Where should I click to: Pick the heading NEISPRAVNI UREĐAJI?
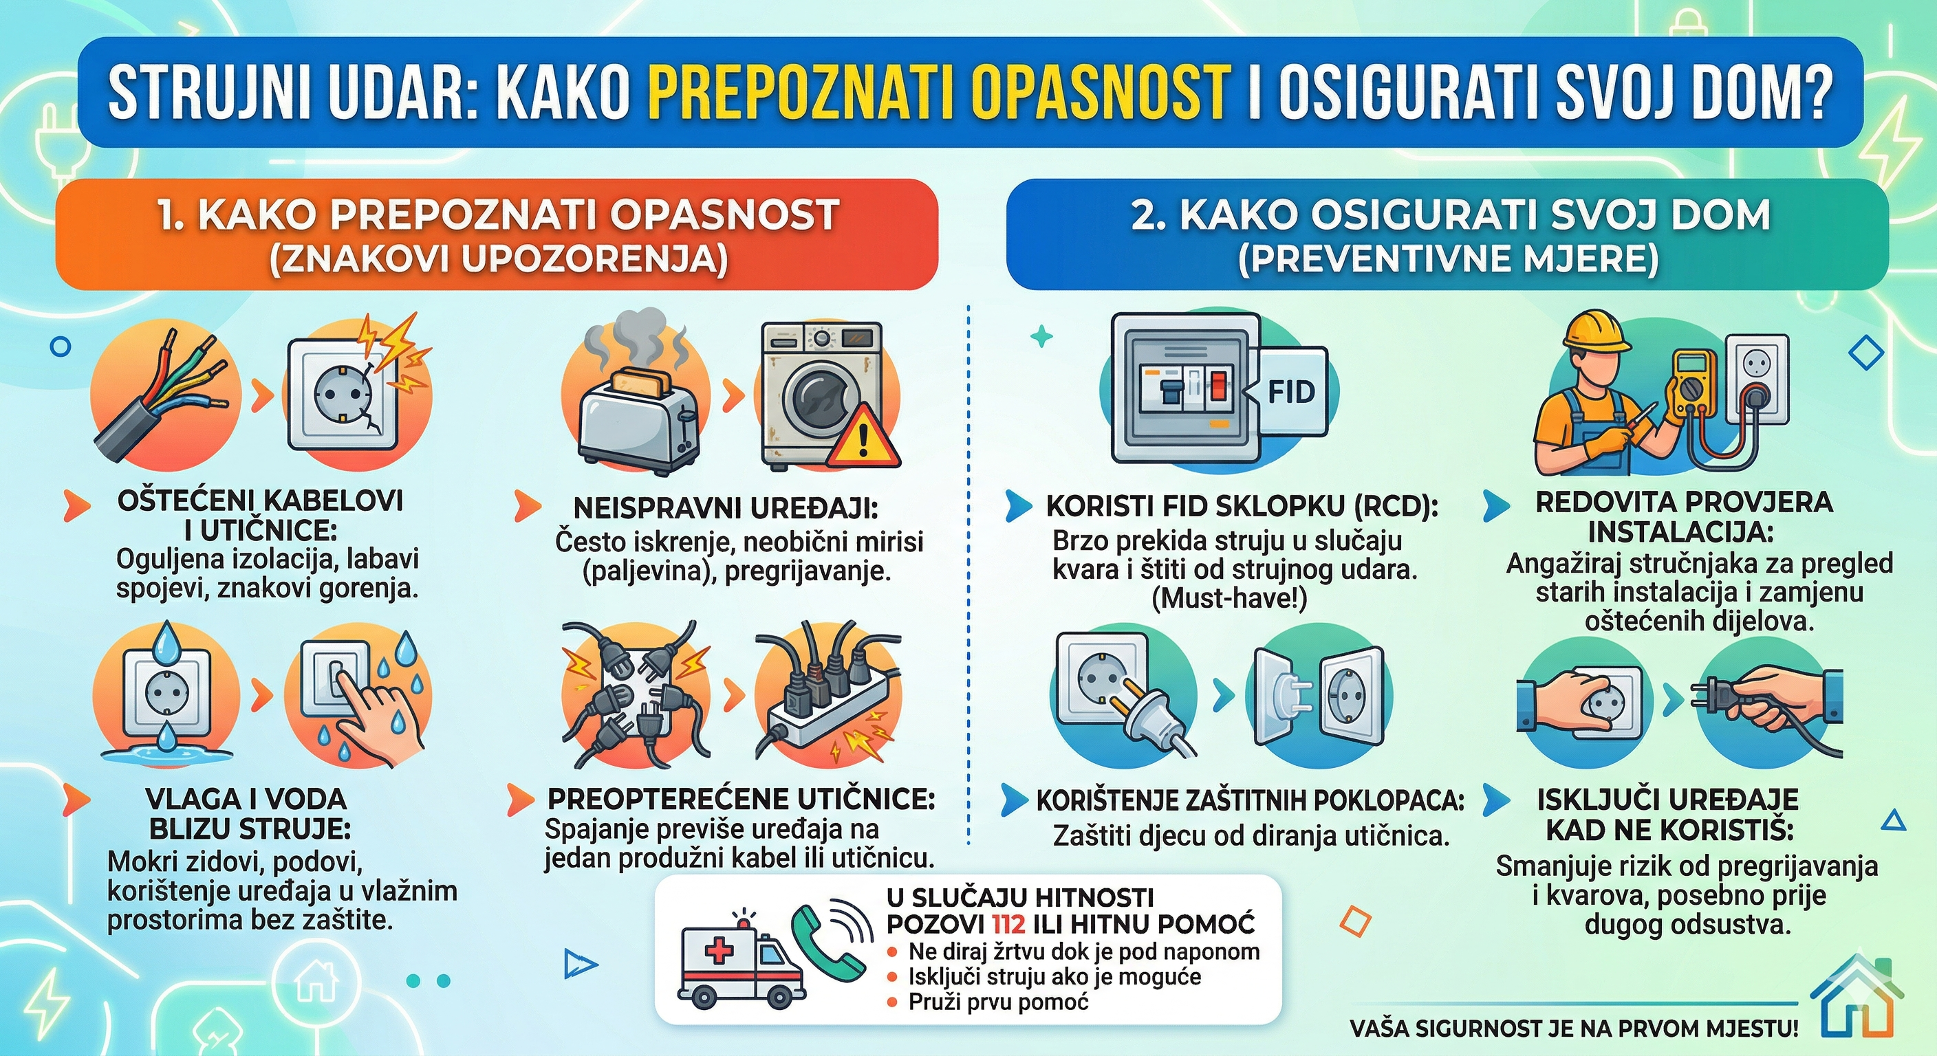tap(726, 508)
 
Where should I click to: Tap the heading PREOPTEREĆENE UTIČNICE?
tap(741, 799)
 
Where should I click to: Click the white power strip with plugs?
tap(820, 714)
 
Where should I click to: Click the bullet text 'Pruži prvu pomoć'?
tap(998, 1002)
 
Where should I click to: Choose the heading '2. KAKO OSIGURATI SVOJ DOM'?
tap(1451, 216)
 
